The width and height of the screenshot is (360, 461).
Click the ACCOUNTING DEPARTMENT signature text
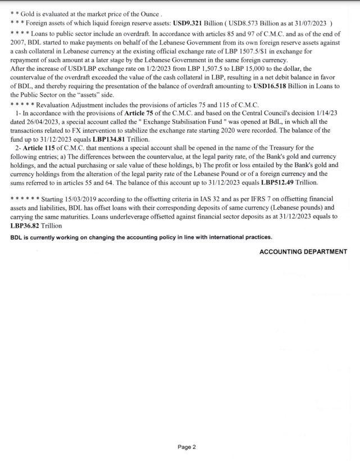pos(303,252)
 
